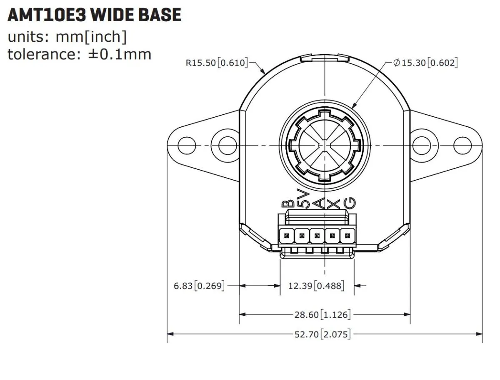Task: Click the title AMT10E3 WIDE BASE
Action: (x=94, y=15)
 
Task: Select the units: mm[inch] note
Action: (x=67, y=37)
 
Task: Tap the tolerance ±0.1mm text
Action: (x=80, y=55)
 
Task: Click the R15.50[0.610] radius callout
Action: (x=217, y=63)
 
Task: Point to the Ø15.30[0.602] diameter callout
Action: (x=425, y=63)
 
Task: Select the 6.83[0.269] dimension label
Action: (x=199, y=286)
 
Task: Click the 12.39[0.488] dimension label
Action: (x=316, y=286)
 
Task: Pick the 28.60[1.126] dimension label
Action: (x=322, y=315)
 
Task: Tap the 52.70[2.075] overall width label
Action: (x=322, y=334)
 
